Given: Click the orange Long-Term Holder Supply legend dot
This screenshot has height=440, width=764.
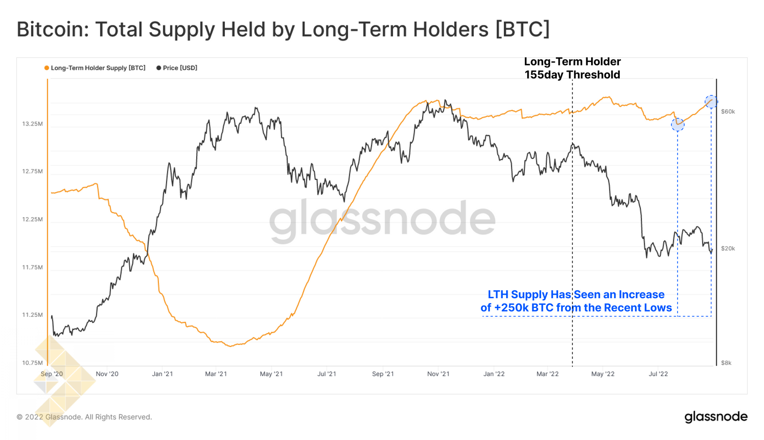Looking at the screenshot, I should pyautogui.click(x=47, y=68).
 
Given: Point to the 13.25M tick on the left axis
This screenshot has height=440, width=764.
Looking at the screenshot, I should pyautogui.click(x=32, y=124).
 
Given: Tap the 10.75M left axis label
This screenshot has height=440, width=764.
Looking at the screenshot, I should pyautogui.click(x=32, y=363).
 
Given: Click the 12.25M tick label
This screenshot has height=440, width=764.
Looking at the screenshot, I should pyautogui.click(x=32, y=220).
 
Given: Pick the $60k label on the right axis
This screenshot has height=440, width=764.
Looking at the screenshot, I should pyautogui.click(x=728, y=112).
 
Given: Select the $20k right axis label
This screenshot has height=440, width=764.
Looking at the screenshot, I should pyautogui.click(x=728, y=249).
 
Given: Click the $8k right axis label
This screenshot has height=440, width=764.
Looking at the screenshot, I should pyautogui.click(x=726, y=363).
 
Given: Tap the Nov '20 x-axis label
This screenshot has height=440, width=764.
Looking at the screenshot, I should pyautogui.click(x=107, y=374).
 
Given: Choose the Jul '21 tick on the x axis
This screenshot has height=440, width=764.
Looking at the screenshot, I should pyautogui.click(x=327, y=374).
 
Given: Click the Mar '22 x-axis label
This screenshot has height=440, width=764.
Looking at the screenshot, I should pyautogui.click(x=547, y=374).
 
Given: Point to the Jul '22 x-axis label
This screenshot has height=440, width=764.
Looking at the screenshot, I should pyautogui.click(x=658, y=374).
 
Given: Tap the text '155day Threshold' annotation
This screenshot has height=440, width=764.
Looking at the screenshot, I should pyautogui.click(x=572, y=75).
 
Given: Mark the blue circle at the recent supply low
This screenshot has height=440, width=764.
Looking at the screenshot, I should pyautogui.click(x=678, y=125).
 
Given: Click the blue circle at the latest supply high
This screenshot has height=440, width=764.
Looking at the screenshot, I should pyautogui.click(x=711, y=102).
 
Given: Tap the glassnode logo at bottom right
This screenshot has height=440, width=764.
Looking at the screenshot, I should pyautogui.click(x=715, y=417).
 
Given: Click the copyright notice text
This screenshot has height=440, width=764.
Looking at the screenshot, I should pyautogui.click(x=84, y=417).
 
